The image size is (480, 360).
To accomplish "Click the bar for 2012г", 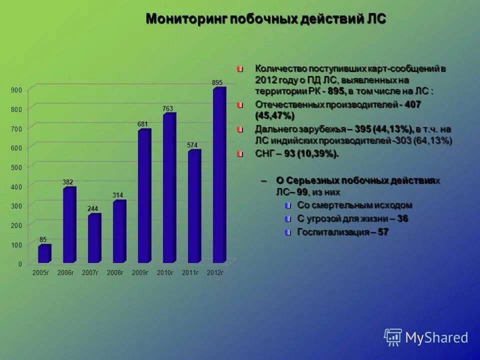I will tap(219, 175).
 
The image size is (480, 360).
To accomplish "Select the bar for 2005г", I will tap(44, 253).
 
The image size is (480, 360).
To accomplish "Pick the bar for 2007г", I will tap(94, 238).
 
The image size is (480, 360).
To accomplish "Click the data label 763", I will tap(167, 108).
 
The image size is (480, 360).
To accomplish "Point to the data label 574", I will tap(192, 145).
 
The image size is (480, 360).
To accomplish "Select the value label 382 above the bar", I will tap(68, 182).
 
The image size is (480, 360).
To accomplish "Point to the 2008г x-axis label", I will tap(115, 272).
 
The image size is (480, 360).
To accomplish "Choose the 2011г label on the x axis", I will tap(190, 272).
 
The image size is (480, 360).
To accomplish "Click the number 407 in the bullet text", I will tap(413, 104).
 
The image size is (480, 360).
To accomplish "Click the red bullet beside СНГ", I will tap(240, 153).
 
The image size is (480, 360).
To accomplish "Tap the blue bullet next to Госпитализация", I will tap(287, 232).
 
